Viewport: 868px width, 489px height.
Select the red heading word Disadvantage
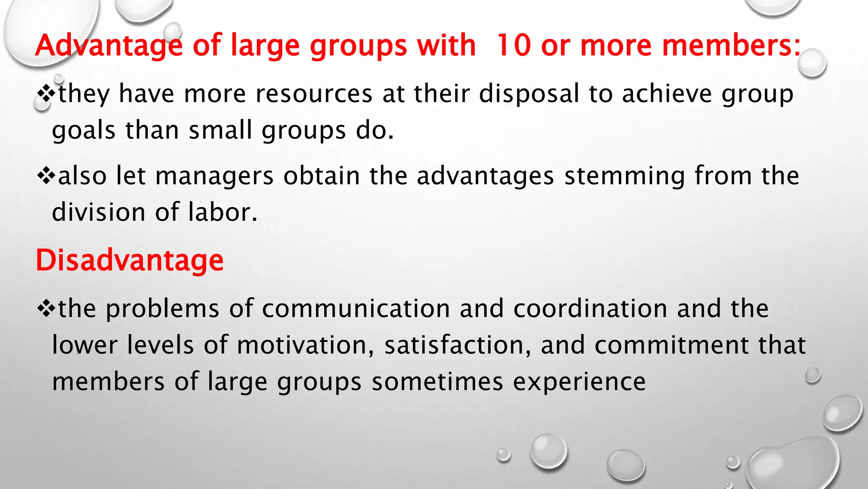point(130,260)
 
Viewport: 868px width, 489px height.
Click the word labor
point(222,212)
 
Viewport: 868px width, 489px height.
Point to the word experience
point(579,381)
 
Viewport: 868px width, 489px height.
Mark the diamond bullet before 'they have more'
point(46,93)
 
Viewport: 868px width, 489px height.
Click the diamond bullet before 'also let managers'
point(46,176)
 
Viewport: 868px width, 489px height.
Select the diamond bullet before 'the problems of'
point(46,308)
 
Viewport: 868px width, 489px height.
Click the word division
point(98,212)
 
